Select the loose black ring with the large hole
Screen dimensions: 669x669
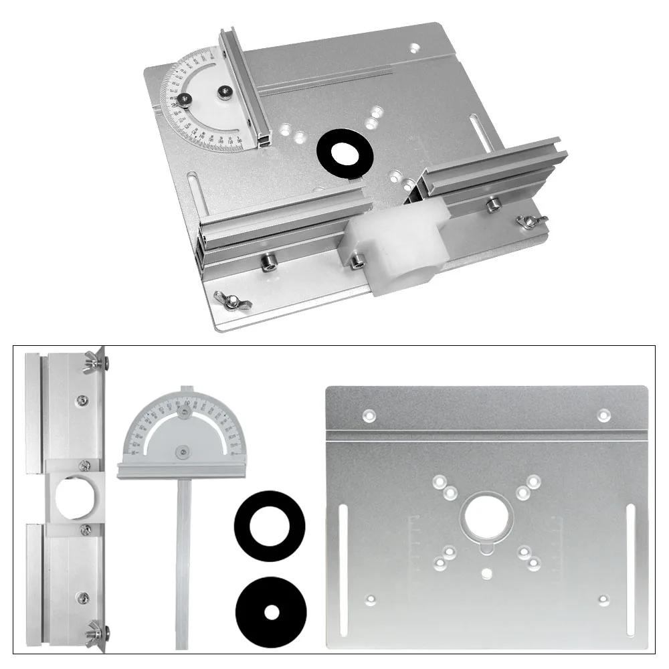pos(270,526)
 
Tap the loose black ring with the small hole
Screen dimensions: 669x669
pos(270,611)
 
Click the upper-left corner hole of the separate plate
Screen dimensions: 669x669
pos(369,415)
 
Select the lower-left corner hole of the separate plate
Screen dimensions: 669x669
pos(369,599)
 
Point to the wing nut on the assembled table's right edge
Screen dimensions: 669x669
pos(533,221)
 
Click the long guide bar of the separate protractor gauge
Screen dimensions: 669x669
pos(183,562)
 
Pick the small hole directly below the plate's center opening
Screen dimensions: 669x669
pos(487,573)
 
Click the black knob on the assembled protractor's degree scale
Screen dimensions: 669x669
pos(184,100)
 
